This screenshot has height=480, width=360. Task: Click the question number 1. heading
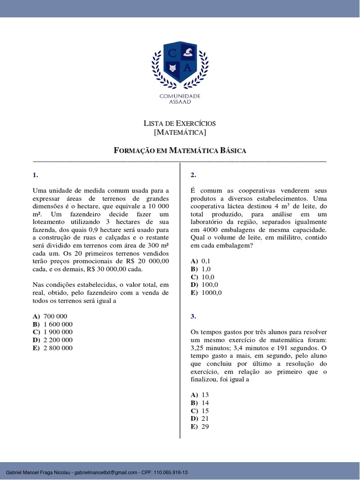click(35, 175)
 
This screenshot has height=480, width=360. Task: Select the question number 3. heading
click(193, 316)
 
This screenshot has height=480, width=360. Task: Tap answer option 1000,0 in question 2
click(211, 292)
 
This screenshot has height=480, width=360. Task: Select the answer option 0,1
click(206, 261)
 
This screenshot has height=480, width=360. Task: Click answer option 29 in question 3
click(205, 427)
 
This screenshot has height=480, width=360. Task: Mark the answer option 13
click(205, 395)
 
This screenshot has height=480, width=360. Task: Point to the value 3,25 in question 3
click(199, 348)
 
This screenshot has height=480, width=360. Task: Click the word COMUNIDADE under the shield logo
click(180, 96)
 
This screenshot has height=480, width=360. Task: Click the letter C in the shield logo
click(172, 53)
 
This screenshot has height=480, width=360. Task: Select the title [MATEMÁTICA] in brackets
click(180, 133)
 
